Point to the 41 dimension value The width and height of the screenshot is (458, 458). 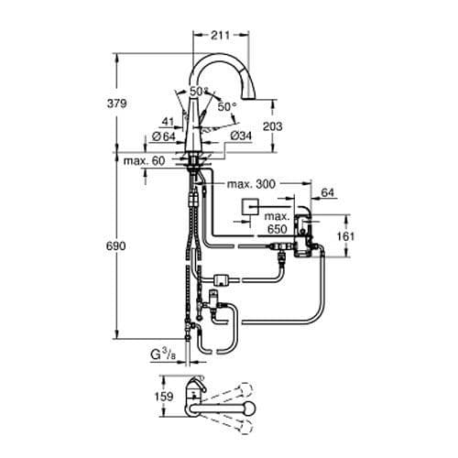coord(166,119)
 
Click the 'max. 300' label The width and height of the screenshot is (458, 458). coord(250,185)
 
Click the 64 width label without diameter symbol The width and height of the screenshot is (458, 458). coord(327,193)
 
